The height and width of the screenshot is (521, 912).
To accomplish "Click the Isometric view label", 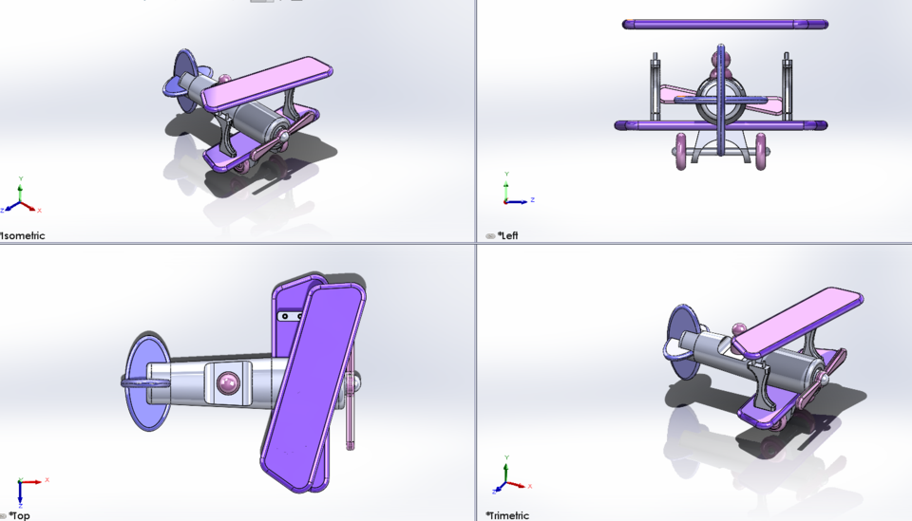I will [23, 235].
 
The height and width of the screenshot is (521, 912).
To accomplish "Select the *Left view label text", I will [509, 235].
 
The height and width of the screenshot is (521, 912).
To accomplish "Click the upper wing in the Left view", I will [725, 24].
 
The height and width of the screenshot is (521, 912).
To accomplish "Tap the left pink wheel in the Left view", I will [681, 152].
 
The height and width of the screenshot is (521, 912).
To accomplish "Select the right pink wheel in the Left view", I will [762, 152].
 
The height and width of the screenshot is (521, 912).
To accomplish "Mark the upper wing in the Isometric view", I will [271, 82].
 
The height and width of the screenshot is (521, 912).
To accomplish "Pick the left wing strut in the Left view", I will [655, 90].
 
